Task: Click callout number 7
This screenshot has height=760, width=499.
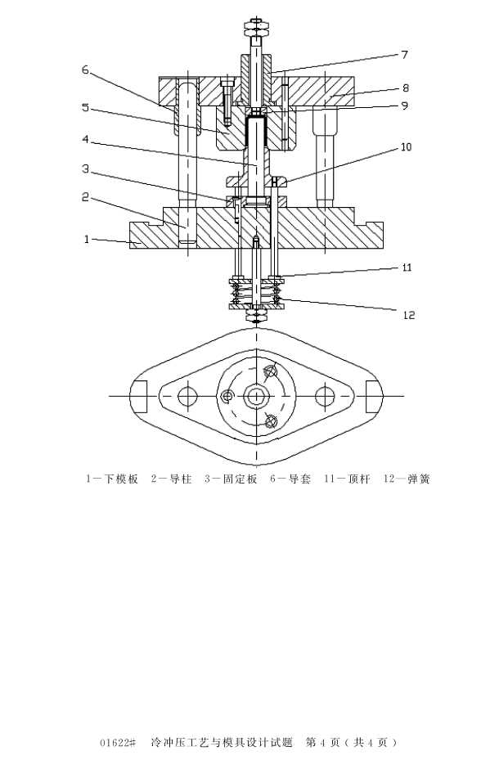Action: point(405,55)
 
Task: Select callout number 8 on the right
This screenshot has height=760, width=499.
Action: point(406,88)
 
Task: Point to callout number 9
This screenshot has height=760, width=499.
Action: point(405,106)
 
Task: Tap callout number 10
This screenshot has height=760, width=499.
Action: point(406,146)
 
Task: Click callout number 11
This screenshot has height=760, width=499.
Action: point(407,267)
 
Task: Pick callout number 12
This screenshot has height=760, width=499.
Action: point(409,315)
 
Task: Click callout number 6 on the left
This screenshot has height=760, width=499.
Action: point(86,70)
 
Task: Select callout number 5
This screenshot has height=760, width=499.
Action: point(86,107)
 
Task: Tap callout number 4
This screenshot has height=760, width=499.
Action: point(86,140)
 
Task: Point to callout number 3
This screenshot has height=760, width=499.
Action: point(86,169)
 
